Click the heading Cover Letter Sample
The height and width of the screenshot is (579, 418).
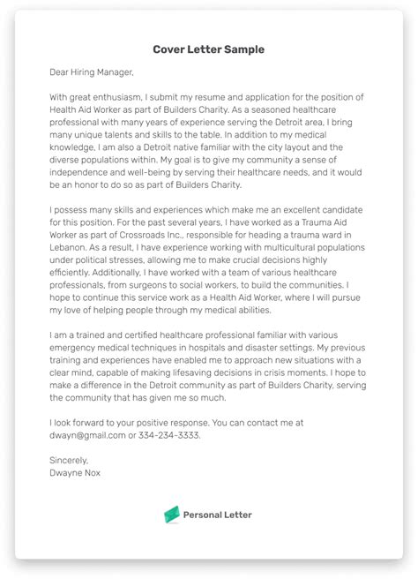click(x=208, y=49)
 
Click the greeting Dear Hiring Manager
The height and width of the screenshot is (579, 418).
click(x=93, y=71)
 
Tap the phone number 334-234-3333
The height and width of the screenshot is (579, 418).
click(x=173, y=434)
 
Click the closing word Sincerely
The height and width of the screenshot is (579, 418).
click(x=70, y=460)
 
